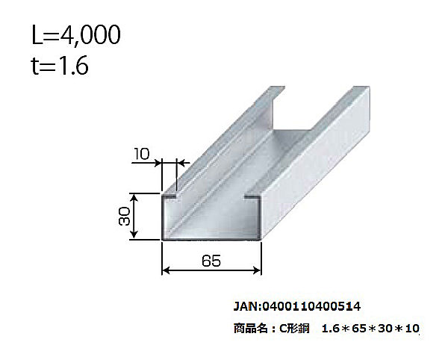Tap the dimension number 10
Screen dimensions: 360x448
(143, 155)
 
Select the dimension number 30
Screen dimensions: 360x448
(125, 217)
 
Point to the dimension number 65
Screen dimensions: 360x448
(212, 261)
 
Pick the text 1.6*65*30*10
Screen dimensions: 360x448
(370, 328)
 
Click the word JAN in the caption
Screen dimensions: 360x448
(246, 306)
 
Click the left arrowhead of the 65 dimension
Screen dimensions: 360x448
(167, 270)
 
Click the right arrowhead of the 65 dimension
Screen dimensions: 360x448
(258, 270)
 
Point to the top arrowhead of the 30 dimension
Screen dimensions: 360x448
(134, 196)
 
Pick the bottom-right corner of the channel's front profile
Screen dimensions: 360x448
(260, 240)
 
